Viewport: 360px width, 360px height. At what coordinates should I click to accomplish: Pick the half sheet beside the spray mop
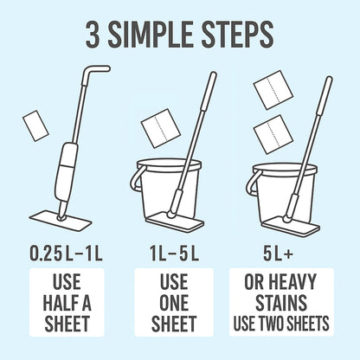pyautogui.click(x=35, y=124)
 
